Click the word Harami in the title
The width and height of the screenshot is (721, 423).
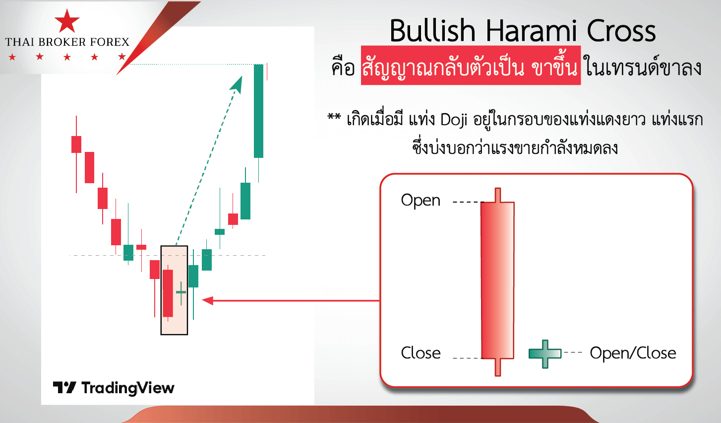point(532,31)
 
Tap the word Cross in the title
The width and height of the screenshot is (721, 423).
point(621,31)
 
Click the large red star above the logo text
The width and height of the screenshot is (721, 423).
point(67,21)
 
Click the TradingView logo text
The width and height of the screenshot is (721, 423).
point(114,388)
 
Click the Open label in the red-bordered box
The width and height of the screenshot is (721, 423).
point(421,200)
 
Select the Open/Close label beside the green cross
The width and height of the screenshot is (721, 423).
point(633,353)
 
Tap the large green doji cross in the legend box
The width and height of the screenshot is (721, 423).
point(545,353)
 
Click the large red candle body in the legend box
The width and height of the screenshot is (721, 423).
point(497,280)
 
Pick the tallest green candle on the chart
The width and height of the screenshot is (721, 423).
point(258,111)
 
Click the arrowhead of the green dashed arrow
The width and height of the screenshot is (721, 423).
point(237,84)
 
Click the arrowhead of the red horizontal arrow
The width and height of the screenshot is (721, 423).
point(208,300)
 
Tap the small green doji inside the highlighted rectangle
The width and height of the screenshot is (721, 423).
point(181,293)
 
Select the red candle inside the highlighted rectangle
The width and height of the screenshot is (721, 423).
point(168,293)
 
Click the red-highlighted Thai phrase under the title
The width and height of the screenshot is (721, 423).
point(471,66)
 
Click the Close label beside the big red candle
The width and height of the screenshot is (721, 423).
point(421,353)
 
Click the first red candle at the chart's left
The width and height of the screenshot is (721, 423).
point(76,144)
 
